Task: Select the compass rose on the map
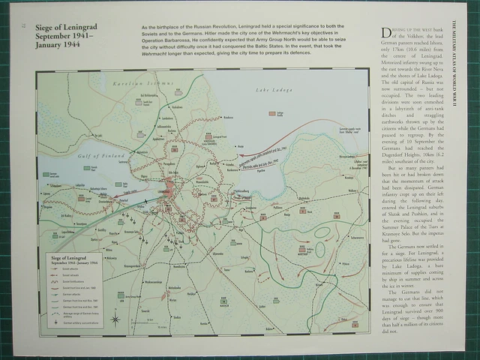click(115, 318)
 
